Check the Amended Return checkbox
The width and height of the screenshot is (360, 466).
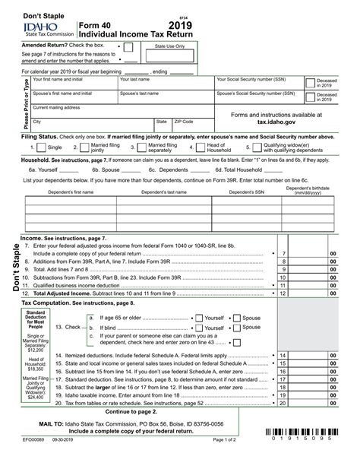pyautogui.click(x=128, y=46)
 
